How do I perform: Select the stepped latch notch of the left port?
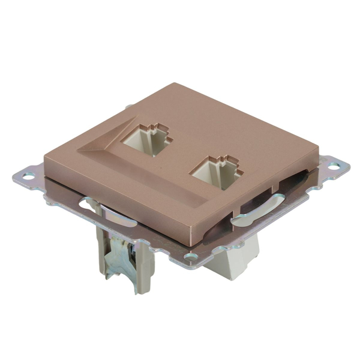coord(157,127)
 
